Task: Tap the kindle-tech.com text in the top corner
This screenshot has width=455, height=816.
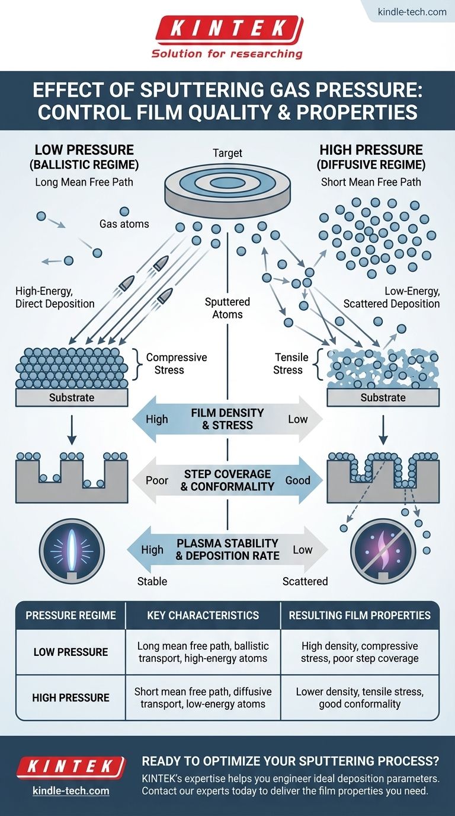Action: tap(412, 11)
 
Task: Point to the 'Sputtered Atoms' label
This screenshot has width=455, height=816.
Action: tap(227, 308)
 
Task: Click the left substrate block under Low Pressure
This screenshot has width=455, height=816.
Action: tap(72, 397)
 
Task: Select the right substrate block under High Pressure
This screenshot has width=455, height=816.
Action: tap(383, 397)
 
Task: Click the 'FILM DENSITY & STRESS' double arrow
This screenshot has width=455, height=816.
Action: tap(227, 419)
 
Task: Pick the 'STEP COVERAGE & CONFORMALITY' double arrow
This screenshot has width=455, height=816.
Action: tap(227, 480)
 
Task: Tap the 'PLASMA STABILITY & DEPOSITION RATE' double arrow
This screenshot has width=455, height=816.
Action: tap(227, 550)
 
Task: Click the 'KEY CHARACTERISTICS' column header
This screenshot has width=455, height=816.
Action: tap(203, 616)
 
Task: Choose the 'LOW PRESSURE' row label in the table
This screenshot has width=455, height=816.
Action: tap(71, 652)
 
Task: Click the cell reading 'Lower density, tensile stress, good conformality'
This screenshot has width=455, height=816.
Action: tap(360, 698)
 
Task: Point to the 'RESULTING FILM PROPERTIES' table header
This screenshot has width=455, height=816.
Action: tap(360, 616)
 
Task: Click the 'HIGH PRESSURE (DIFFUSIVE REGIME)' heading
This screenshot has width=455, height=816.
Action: tap(371, 157)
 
